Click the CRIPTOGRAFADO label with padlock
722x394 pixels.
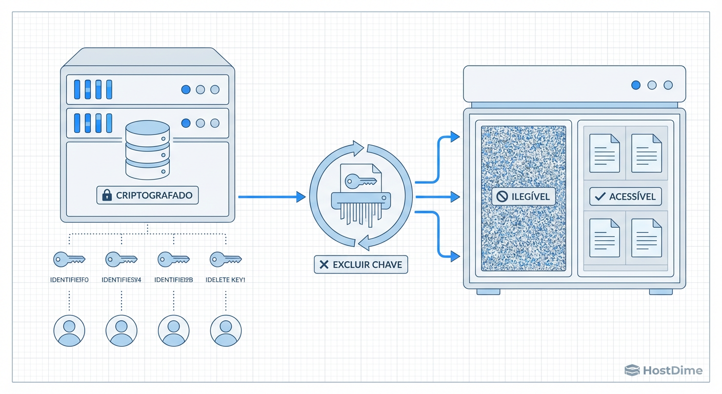(x=148, y=195)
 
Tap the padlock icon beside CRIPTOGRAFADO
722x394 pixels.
(x=107, y=195)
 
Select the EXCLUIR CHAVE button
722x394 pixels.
(x=361, y=265)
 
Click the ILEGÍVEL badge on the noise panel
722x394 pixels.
(x=523, y=196)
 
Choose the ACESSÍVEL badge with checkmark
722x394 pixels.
(x=626, y=196)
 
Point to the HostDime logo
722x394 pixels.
(x=664, y=370)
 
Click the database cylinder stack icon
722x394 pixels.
(x=148, y=149)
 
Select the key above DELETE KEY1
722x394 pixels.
(x=226, y=259)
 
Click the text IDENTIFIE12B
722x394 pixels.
(x=173, y=280)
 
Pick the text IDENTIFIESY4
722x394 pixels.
(x=121, y=280)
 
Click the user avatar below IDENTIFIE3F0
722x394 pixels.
(x=69, y=331)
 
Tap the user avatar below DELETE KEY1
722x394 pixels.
(x=226, y=331)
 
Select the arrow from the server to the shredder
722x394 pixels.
(x=272, y=196)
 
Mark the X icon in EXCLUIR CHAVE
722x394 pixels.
(x=324, y=265)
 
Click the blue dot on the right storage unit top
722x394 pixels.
(x=636, y=85)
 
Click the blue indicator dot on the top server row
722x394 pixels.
(x=186, y=90)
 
